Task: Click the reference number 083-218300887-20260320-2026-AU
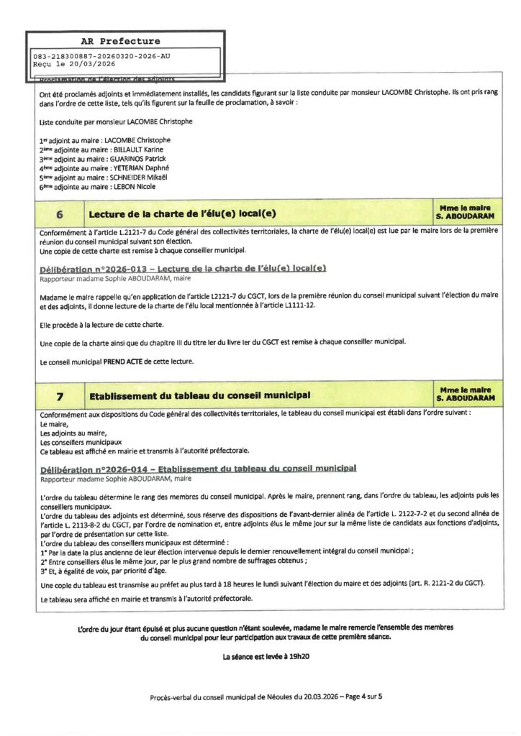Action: pos(102,56)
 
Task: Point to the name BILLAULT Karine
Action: pos(135,149)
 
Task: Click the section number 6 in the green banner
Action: pos(59,214)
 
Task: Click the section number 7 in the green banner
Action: pos(59,395)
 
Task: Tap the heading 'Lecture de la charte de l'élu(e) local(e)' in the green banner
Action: pos(182,214)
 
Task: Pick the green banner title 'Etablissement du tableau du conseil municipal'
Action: pos(199,395)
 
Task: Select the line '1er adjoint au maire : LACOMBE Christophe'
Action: pos(105,140)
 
